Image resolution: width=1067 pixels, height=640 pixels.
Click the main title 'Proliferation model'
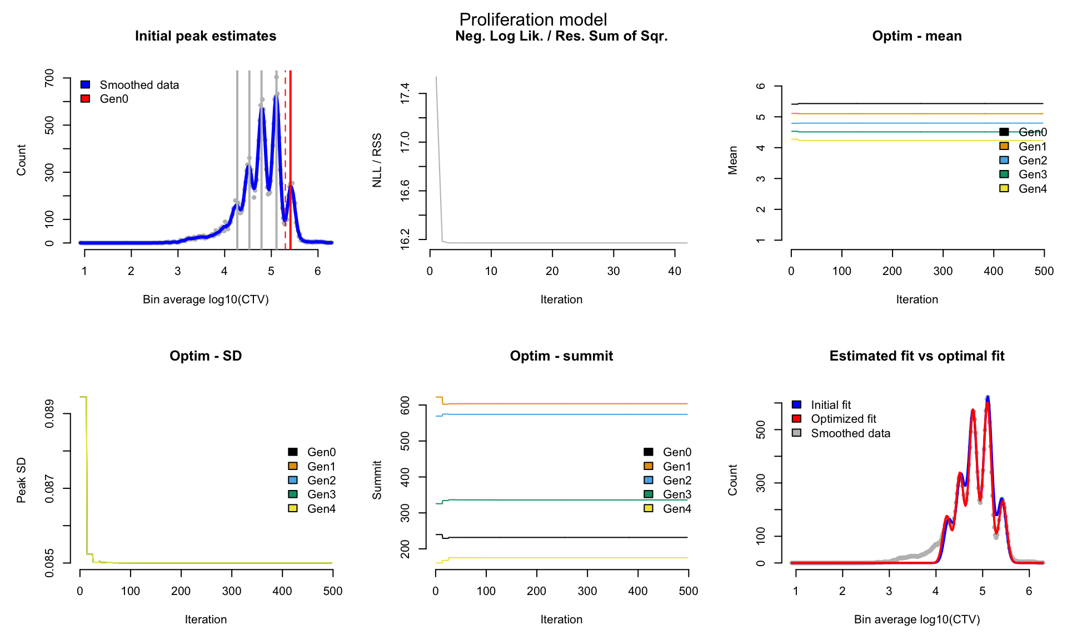point(533,19)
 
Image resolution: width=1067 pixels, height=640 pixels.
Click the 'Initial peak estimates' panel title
point(206,36)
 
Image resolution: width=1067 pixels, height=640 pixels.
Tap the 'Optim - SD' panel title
point(206,356)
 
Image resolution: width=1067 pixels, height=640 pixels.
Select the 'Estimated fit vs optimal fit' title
point(917,356)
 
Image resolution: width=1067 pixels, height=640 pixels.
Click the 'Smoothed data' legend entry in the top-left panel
point(130,85)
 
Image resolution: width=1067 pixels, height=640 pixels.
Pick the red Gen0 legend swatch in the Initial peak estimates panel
point(85,99)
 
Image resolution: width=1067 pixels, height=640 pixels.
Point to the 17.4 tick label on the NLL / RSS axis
point(405,93)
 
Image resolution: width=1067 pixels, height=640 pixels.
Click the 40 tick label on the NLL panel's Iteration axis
point(675,271)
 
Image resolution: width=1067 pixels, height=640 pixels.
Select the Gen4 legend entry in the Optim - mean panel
point(1023,189)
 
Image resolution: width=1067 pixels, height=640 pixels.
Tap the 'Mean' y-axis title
point(733,161)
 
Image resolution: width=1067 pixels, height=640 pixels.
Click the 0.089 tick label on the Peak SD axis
point(49,414)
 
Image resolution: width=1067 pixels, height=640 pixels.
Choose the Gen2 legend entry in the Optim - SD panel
point(312,481)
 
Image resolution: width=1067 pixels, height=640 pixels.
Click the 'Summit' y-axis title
point(377,480)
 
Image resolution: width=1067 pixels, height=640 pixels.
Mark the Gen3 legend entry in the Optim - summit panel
point(667,494)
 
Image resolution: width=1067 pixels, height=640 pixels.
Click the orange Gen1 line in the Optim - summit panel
point(562,404)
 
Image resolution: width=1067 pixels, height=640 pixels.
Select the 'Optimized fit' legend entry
point(834,419)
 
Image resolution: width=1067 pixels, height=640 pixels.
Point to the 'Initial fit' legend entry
point(821,405)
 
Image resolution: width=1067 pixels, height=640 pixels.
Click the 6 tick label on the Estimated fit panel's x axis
point(1029,591)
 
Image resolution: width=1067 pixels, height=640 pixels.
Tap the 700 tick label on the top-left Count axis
point(49,78)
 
